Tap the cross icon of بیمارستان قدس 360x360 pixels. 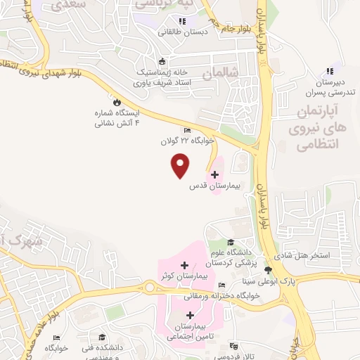click(214, 174)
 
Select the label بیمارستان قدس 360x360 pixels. click(214, 188)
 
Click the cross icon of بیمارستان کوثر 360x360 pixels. click(184, 265)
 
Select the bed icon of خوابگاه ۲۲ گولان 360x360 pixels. click(187, 130)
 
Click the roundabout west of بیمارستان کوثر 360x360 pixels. click(150, 286)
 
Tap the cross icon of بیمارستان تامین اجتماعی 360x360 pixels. click(190, 315)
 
